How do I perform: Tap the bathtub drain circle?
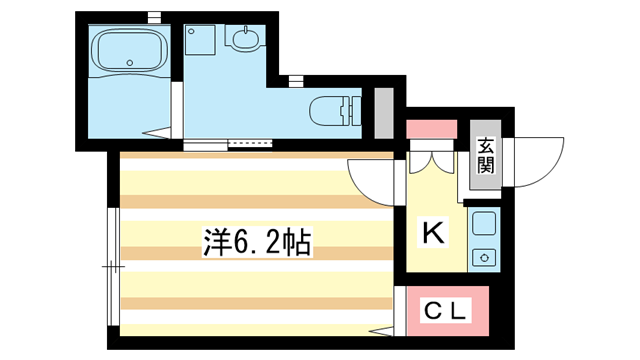coord(130,64)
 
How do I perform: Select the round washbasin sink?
coord(243,40)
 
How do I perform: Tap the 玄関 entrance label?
coord(485,155)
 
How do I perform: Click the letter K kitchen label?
coord(433,233)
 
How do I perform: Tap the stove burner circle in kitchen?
coord(484,256)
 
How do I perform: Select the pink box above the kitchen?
coord(432,130)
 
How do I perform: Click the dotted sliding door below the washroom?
coord(250,144)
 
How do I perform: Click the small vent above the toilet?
coord(296,80)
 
